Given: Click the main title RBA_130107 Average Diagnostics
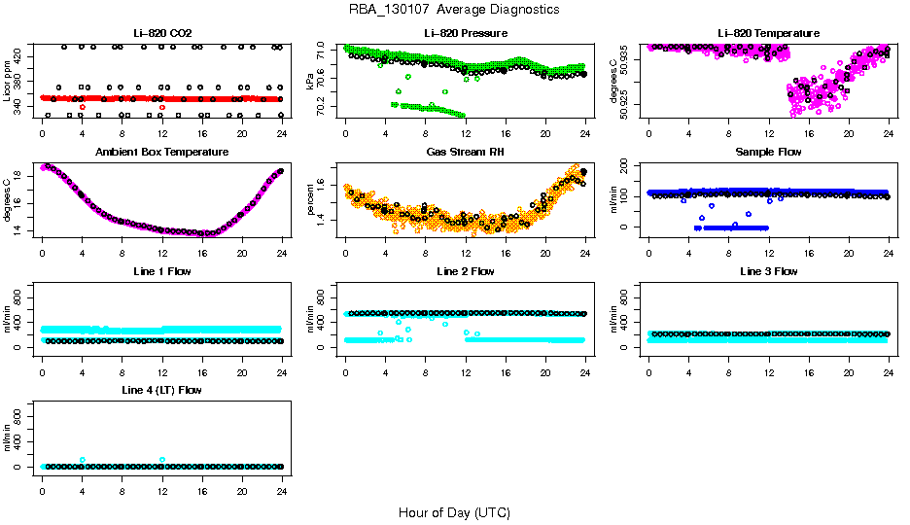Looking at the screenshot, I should click(x=455, y=10).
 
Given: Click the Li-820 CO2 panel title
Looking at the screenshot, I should click(x=161, y=33).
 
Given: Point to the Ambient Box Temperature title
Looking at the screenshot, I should click(x=161, y=153).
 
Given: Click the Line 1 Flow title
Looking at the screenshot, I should click(x=161, y=271).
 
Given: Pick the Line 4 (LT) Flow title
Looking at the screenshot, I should click(x=161, y=390).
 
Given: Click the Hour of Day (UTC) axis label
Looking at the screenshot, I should click(x=454, y=512).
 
